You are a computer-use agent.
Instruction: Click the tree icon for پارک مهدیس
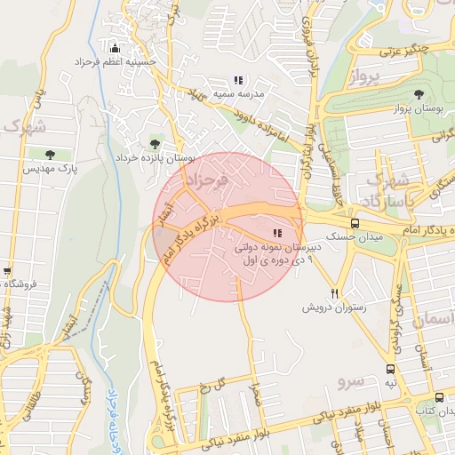coord(50,155)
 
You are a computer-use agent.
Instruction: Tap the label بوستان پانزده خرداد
coord(154,156)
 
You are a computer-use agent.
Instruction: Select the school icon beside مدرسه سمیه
coord(238,81)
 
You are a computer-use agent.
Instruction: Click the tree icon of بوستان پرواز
coord(418,93)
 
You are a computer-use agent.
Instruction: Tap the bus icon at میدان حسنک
coord(355,223)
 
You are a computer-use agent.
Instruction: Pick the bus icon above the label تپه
coord(390,369)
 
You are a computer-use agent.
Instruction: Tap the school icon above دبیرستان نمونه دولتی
coord(265,232)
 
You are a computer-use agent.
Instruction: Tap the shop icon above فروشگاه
coord(7,271)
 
